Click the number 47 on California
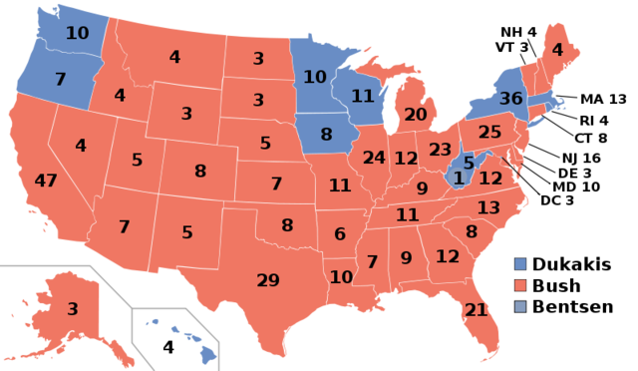click(x=46, y=181)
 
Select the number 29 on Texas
click(x=268, y=280)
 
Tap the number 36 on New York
click(x=510, y=99)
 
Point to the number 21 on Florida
click(x=476, y=310)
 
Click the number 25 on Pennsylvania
click(x=489, y=132)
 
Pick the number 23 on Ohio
click(x=441, y=150)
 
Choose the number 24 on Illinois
click(x=374, y=158)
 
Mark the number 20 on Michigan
click(x=416, y=115)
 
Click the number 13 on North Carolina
click(x=488, y=207)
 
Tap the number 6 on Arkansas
click(x=340, y=233)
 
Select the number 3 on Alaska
click(x=73, y=309)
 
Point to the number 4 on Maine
click(x=557, y=50)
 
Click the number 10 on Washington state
click(x=77, y=33)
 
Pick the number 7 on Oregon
click(x=60, y=79)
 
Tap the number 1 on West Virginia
click(x=459, y=178)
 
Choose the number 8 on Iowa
click(x=326, y=135)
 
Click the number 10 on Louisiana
click(x=341, y=276)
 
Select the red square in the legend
click(x=520, y=284)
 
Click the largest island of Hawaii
click(x=208, y=353)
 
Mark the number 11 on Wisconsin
click(x=362, y=97)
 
